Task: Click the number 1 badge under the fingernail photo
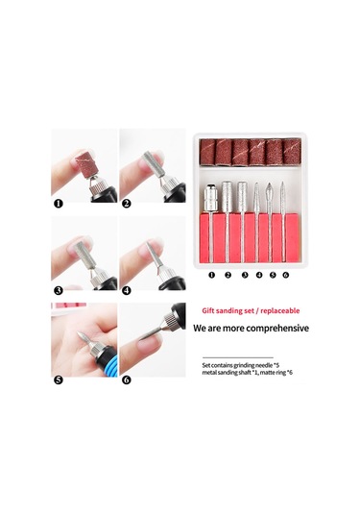click(59, 204)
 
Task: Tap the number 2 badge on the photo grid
click(127, 204)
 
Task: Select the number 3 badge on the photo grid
click(59, 290)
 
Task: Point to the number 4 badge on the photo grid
click(127, 290)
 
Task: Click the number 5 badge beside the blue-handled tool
click(59, 379)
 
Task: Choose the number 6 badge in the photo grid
click(127, 379)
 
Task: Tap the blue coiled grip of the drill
click(107, 364)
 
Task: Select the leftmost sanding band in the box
click(207, 152)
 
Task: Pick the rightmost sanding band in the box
click(292, 151)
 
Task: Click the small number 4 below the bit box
click(259, 275)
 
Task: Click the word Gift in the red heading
click(208, 310)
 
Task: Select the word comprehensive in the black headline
click(278, 329)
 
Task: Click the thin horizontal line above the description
click(238, 357)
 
